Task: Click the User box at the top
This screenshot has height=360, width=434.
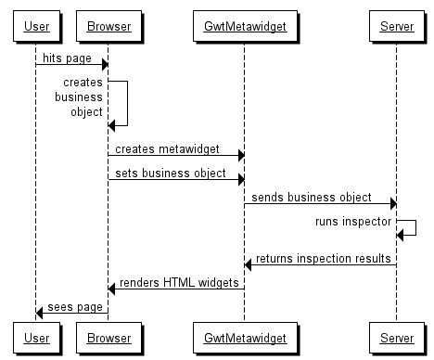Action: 35,26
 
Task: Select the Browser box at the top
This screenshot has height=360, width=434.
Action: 108,26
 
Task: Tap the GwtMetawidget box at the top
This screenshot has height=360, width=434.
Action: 244,26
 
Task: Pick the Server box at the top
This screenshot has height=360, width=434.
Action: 397,26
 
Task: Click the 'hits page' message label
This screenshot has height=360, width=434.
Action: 68,58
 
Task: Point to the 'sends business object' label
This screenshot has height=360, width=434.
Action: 312,197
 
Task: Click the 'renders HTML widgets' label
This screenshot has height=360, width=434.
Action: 179,282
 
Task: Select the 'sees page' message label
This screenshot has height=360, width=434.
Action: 73,306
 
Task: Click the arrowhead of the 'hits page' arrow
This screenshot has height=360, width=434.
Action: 104,64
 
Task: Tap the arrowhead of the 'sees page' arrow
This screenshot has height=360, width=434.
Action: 40,313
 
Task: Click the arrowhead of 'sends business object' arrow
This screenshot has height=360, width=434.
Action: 392,203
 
